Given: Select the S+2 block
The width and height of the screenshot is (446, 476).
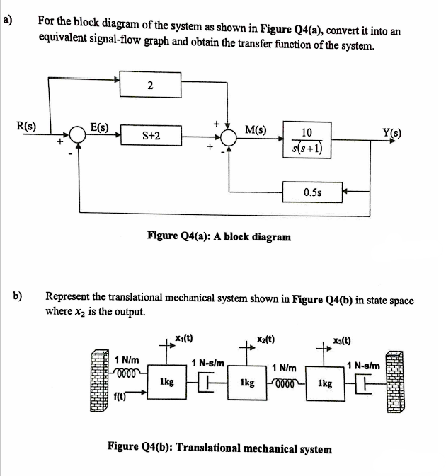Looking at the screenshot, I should (x=150, y=135).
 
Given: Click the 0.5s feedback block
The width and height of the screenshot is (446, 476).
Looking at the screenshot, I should (x=313, y=191).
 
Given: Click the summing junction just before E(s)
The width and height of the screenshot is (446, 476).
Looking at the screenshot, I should (x=78, y=136).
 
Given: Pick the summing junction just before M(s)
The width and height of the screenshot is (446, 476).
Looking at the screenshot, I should (x=229, y=136).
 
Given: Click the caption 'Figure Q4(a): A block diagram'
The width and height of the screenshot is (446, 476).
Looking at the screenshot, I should (x=219, y=236).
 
